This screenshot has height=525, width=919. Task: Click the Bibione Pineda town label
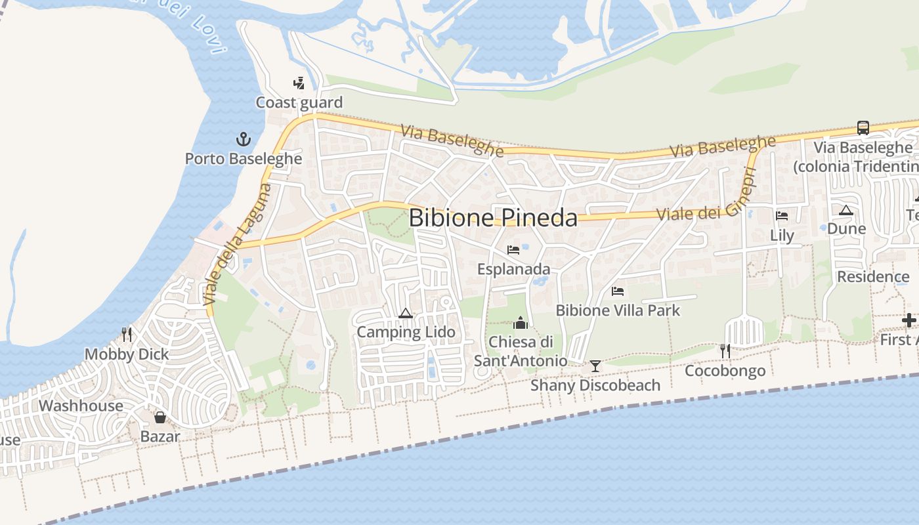point(493,218)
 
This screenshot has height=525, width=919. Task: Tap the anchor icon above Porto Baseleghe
point(244,139)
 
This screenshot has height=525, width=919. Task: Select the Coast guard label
point(299,102)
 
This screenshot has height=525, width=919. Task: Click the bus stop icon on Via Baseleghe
point(863,128)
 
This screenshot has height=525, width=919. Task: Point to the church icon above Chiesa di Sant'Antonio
point(521,322)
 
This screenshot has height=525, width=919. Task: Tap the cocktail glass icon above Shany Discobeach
point(595,366)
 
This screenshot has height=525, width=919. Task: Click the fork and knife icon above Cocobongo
point(725,351)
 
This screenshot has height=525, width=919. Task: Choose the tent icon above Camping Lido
point(405,313)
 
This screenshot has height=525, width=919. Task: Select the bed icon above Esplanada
point(513,250)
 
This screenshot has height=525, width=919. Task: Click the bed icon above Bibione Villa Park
point(618,291)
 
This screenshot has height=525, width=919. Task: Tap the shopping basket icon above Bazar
point(160,417)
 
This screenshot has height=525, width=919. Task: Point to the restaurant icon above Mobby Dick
point(127,335)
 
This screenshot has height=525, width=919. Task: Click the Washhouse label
point(81,406)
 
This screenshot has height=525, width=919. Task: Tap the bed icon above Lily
point(782,216)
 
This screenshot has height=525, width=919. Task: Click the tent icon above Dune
point(846,210)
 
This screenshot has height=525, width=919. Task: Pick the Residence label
point(873,276)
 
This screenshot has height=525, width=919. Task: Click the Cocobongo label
point(725,371)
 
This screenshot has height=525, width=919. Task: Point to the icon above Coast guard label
point(299,83)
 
